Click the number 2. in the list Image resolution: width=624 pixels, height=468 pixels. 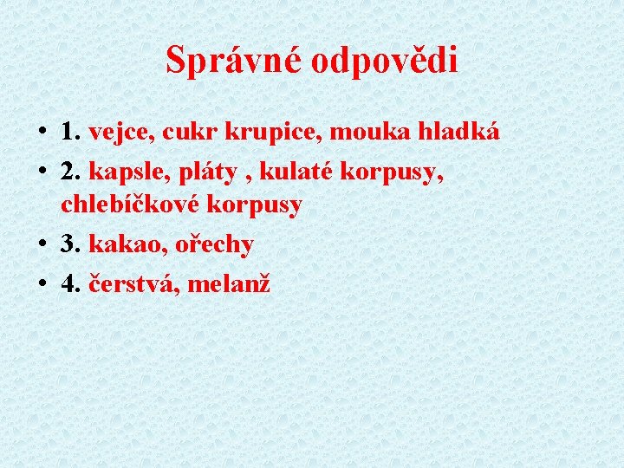(x=71, y=171)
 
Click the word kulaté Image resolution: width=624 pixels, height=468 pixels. (x=290, y=171)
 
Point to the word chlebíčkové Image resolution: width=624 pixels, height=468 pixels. (x=137, y=205)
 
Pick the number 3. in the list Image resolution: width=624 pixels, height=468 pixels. (x=71, y=244)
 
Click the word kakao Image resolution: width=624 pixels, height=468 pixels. (x=118, y=244)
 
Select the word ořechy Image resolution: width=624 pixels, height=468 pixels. (x=214, y=244)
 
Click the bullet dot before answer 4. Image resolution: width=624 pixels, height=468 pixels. (x=42, y=283)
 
